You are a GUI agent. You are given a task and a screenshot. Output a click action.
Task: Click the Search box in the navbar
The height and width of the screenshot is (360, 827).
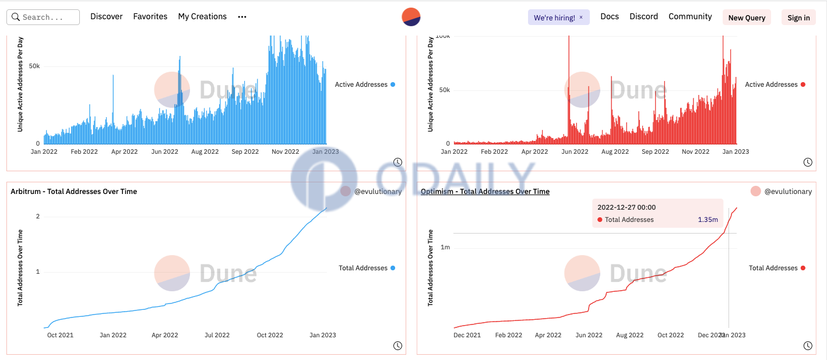[43, 17]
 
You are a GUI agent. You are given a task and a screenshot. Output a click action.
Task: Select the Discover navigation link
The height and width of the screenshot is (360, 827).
[107, 17]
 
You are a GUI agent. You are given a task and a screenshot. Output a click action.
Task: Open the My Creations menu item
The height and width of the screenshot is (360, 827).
[202, 17]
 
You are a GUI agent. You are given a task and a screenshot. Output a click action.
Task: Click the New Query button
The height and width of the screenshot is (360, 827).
[747, 17]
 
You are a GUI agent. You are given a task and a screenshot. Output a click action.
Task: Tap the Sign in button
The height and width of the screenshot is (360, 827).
[798, 17]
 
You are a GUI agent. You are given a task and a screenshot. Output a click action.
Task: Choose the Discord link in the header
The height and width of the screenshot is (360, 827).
[643, 17]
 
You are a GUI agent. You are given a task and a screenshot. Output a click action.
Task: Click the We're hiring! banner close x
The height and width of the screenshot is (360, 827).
[581, 17]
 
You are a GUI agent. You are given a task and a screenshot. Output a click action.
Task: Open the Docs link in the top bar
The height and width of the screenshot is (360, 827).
[610, 17]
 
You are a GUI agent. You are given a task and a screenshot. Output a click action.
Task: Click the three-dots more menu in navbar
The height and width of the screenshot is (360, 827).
[242, 17]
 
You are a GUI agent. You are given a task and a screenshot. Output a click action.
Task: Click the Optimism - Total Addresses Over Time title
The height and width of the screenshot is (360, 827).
[485, 192]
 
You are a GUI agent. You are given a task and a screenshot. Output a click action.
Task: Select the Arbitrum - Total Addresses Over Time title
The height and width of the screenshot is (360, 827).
[74, 192]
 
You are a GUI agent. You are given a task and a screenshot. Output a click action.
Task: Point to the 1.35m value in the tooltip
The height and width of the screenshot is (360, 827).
[708, 220]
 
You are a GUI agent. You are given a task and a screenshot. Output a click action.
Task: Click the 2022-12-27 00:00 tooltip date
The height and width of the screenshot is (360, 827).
[627, 207]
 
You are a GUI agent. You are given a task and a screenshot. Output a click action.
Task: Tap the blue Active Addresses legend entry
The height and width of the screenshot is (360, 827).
[365, 85]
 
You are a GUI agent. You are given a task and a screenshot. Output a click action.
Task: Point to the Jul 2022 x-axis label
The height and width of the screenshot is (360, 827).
[217, 336]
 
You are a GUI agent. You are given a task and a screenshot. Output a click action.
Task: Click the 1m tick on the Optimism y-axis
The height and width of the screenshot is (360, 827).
[445, 248]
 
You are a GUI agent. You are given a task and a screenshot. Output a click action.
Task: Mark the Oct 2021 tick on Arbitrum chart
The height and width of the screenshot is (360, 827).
[60, 336]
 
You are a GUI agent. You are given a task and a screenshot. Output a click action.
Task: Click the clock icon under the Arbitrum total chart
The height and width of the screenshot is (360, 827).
[397, 345]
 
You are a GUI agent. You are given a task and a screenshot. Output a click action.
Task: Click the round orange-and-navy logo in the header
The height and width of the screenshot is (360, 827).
[411, 17]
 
